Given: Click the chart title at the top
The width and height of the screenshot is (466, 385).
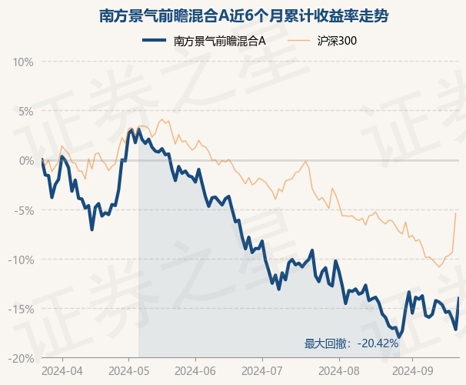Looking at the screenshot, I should (232, 15).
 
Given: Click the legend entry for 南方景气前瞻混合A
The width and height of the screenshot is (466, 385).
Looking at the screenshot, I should (220, 41).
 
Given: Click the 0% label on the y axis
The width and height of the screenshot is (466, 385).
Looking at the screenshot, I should (26, 160).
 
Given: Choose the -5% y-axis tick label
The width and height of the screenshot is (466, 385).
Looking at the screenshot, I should (24, 210).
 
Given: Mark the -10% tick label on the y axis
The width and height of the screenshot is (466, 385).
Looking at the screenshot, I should (22, 259).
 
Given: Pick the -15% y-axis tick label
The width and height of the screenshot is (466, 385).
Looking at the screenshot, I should (22, 309).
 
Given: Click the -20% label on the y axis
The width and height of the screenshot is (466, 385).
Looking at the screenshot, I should (22, 359).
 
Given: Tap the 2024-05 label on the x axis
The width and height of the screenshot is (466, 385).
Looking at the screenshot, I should (128, 370).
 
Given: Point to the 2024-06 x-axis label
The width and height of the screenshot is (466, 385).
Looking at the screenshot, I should (195, 370).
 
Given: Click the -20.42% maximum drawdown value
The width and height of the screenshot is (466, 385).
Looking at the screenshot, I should (377, 343).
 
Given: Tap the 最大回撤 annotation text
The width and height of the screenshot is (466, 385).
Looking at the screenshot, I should (328, 343).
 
